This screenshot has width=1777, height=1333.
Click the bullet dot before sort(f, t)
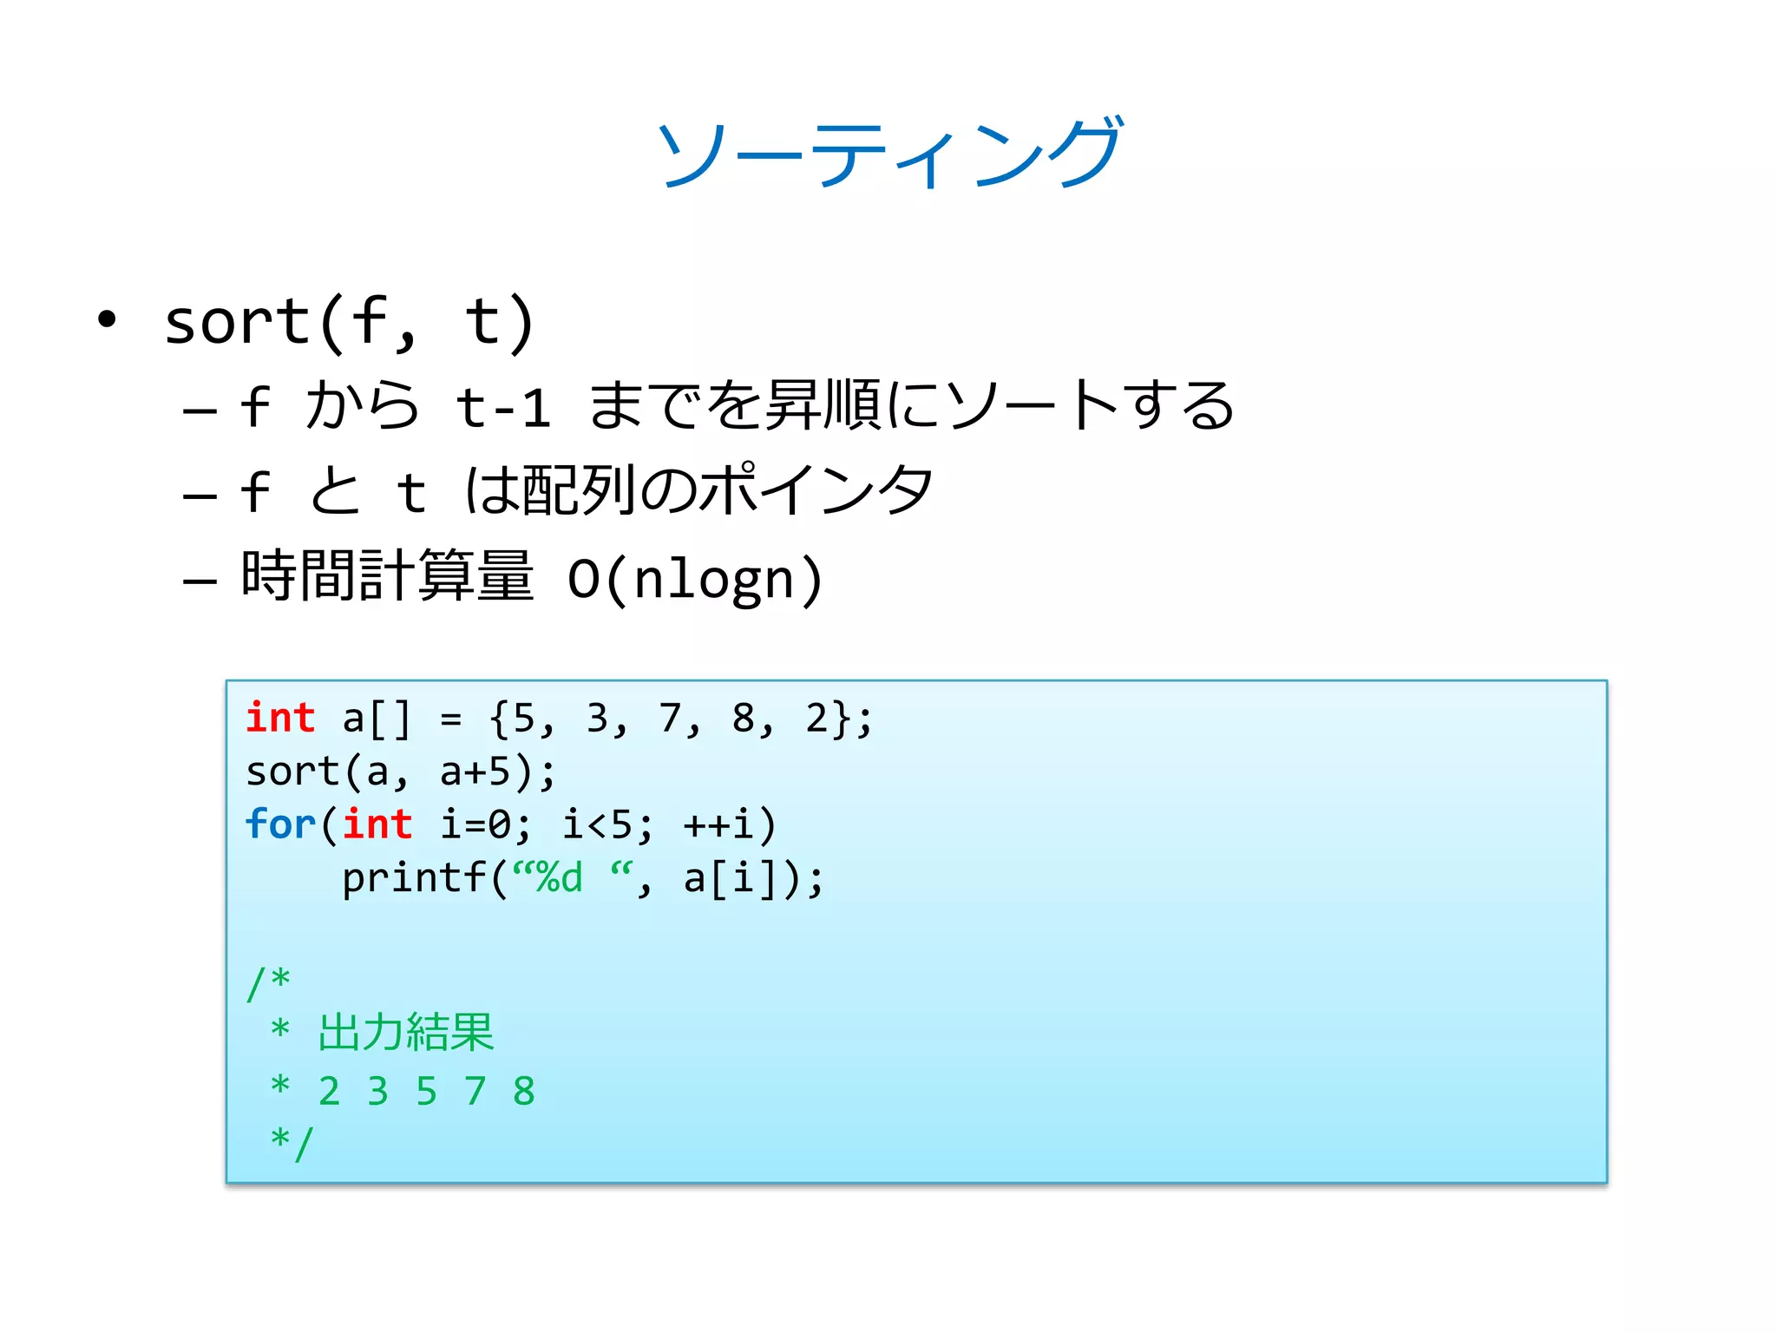point(107,319)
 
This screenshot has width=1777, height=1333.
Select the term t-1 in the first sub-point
point(503,407)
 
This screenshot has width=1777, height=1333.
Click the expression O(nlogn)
point(694,579)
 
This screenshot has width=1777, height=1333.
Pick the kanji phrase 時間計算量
point(387,576)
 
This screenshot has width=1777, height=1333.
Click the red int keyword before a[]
point(280,719)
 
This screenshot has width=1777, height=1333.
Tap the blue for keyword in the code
point(280,824)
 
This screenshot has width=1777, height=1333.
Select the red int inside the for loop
point(377,824)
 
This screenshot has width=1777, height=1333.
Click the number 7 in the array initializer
point(669,719)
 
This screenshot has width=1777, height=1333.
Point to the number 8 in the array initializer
point(743,719)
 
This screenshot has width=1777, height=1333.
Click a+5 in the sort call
point(475,772)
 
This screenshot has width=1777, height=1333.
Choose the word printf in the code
point(414,878)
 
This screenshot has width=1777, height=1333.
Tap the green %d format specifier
point(560,878)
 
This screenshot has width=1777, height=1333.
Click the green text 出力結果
point(406,1033)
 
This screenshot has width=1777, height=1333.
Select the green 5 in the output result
point(426,1091)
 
